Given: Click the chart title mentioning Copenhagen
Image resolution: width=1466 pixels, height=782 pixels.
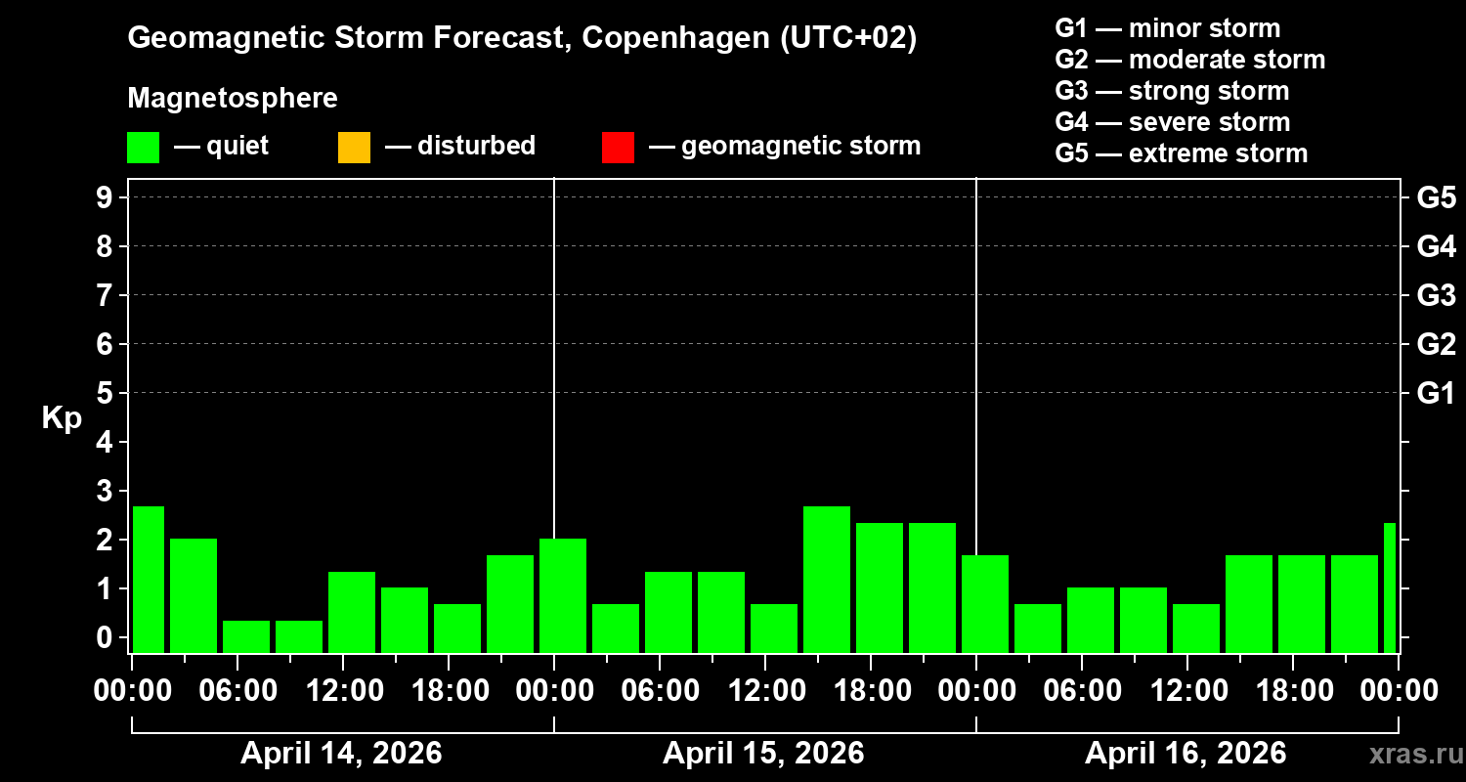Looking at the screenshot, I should pos(522,39).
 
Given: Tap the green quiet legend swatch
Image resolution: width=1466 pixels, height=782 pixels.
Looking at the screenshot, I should pos(143,148).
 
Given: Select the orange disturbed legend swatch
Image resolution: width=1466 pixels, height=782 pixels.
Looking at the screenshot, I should pos(354,148).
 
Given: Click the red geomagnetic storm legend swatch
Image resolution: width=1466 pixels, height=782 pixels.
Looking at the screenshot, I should pos(618,148).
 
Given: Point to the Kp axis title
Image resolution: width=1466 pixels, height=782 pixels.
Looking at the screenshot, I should pos(62,418).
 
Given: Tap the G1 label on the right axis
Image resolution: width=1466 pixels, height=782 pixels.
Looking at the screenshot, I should pos(1436,393).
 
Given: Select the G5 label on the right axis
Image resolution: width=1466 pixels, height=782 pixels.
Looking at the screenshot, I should pos(1436,197).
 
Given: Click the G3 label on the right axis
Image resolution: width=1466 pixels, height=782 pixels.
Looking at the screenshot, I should pos(1436,295).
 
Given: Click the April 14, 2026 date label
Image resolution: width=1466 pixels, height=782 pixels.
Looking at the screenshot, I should pos(341,754).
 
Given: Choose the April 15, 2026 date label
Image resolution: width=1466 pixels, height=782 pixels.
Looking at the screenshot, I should pos(763,754).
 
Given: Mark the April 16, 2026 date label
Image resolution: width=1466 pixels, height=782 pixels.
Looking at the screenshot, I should pos(1186,754).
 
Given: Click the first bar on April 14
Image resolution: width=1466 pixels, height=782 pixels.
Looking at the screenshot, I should pos(149,579).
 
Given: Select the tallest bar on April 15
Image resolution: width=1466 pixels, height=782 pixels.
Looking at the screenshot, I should pos(827,579).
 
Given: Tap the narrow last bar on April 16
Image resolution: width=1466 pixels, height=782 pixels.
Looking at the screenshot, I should pos(1390,587).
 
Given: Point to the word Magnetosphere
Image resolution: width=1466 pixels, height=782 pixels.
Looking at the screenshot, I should pos(233,99).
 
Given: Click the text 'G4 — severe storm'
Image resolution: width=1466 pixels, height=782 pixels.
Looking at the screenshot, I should pos(1173,122).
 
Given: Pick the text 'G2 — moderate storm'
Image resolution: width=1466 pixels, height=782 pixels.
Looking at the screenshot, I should pos(1190,60).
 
